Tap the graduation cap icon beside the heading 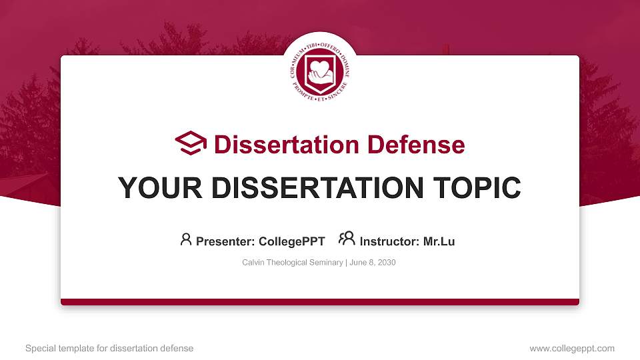coord(191,143)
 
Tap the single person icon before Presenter coord(186,239)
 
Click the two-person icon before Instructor coord(347,239)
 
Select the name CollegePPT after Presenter coord(292,241)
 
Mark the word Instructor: coord(389,241)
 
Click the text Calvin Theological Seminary coord(292,263)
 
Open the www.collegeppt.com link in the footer coord(572,348)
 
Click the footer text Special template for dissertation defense coord(109,348)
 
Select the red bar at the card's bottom coord(320,302)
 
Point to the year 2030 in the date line coord(386,263)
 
